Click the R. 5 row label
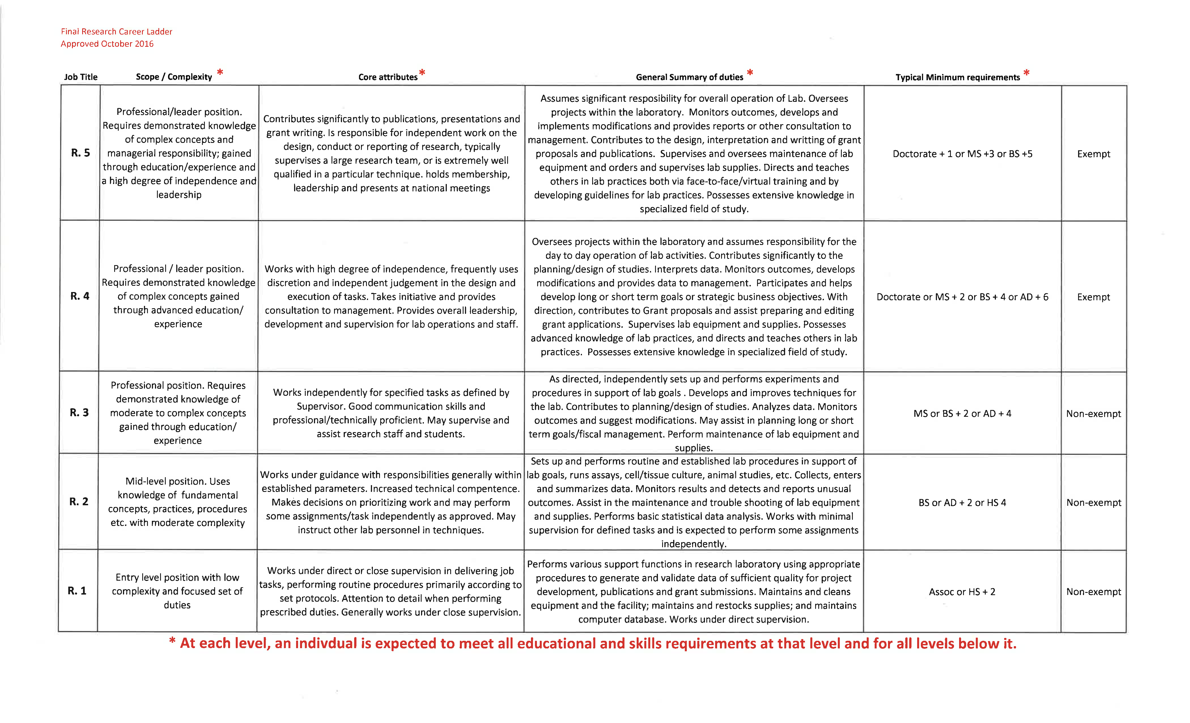pyautogui.click(x=80, y=153)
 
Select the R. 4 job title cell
pyautogui.click(x=80, y=296)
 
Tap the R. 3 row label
pyautogui.click(x=79, y=412)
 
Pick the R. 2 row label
pyautogui.click(x=79, y=501)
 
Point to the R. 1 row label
pyautogui.click(x=77, y=591)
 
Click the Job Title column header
pyautogui.click(x=81, y=77)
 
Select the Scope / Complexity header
pyautogui.click(x=174, y=77)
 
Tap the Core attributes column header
pyautogui.click(x=388, y=77)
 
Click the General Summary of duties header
pyautogui.click(x=689, y=77)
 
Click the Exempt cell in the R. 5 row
pyautogui.click(x=1093, y=154)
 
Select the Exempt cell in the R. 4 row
pyautogui.click(x=1093, y=297)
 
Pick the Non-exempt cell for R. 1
pyautogui.click(x=1093, y=591)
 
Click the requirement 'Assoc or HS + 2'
pyautogui.click(x=962, y=591)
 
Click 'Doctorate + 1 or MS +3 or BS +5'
pyautogui.click(x=962, y=154)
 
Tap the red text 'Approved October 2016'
pyautogui.click(x=107, y=43)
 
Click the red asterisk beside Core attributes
pyautogui.click(x=422, y=73)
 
